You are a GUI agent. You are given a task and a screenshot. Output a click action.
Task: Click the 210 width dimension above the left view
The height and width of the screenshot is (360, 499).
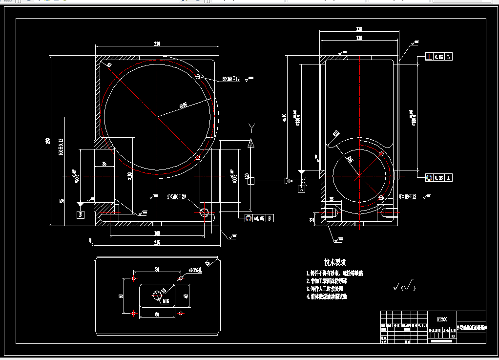pyautogui.click(x=157, y=44)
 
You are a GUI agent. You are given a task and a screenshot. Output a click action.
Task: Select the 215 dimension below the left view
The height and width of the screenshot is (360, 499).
pyautogui.click(x=157, y=242)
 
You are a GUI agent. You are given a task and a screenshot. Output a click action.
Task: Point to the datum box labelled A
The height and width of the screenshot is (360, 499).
pyautogui.click(x=301, y=188)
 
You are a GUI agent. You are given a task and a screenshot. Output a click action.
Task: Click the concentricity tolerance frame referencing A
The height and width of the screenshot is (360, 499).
pyautogui.click(x=438, y=178)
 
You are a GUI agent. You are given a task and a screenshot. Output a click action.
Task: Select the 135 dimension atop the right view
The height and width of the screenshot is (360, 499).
pyautogui.click(x=359, y=29)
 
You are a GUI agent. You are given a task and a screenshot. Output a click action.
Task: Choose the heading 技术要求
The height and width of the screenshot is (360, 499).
pyautogui.click(x=335, y=263)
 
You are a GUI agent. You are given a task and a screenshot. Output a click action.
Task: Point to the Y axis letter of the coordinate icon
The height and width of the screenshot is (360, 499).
pyautogui.click(x=251, y=128)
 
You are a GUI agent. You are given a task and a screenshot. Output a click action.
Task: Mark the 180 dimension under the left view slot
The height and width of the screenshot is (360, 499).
pyautogui.click(x=157, y=233)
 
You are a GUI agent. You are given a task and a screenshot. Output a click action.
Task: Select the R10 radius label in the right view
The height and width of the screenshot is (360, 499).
pyautogui.click(x=336, y=133)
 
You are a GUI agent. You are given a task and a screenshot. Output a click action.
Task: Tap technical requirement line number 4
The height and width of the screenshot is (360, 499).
pyautogui.click(x=327, y=296)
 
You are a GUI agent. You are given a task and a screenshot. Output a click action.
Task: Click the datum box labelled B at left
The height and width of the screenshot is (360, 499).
pyautogui.click(x=80, y=214)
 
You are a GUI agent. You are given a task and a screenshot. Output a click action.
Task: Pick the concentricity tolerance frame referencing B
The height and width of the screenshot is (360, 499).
pyautogui.click(x=259, y=218)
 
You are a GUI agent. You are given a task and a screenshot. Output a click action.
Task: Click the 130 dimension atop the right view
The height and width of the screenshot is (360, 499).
pyautogui.click(x=359, y=38)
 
